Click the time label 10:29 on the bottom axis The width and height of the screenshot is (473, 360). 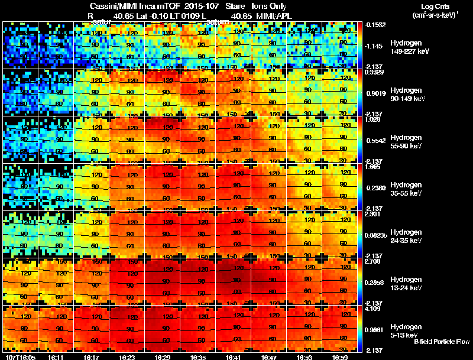[x=163, y=357]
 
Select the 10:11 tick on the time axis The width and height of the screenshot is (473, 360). [x=57, y=357]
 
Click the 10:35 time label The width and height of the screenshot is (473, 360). [x=199, y=357]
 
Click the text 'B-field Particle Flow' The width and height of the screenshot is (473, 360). [x=441, y=342]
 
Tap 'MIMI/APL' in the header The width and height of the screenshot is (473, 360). [x=274, y=16]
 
